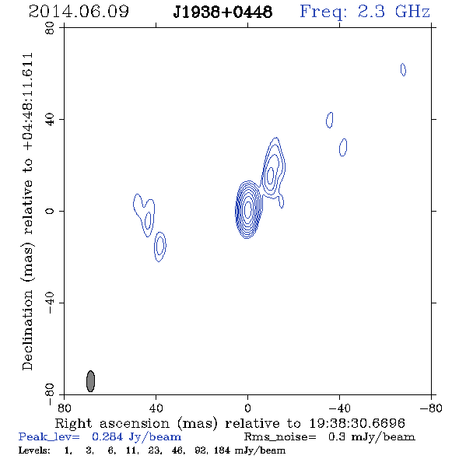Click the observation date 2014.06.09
[x=79, y=12]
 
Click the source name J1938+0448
[x=222, y=12]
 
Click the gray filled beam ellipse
[x=91, y=381]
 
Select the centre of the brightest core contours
[x=247, y=209]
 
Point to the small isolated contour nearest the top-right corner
[x=403, y=70]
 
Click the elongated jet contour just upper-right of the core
[x=272, y=170]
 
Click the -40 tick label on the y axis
[x=50, y=303]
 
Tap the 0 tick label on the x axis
[x=247, y=408]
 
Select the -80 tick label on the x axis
[x=431, y=408]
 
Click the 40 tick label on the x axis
[x=156, y=408]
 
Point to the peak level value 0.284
[x=107, y=436]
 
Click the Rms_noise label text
[x=280, y=437]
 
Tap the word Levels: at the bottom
[x=34, y=450]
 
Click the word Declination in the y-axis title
[x=27, y=330]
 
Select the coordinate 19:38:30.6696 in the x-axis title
[x=357, y=423]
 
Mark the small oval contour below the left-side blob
[x=159, y=247]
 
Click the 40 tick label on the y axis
[x=50, y=120]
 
